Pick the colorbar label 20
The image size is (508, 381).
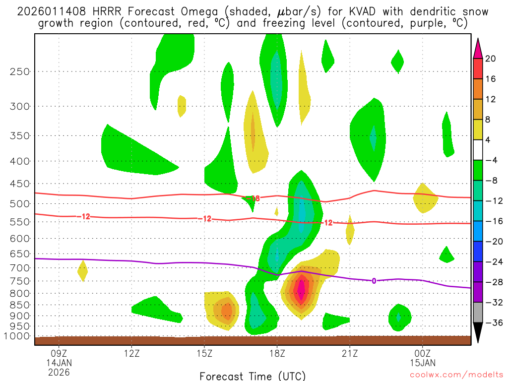(491, 59)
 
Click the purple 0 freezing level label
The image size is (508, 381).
(374, 281)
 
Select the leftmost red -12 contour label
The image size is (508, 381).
(83, 216)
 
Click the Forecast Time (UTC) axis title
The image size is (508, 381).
(253, 376)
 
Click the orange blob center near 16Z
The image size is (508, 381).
(226, 311)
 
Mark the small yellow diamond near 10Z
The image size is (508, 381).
(82, 270)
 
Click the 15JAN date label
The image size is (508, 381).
(422, 362)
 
